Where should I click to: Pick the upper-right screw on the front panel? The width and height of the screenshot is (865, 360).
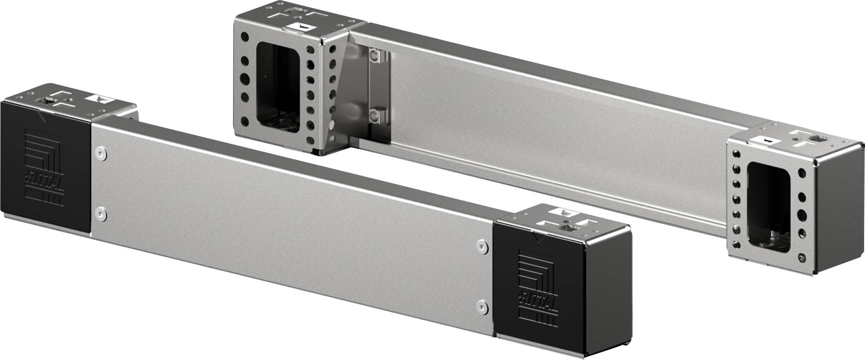(481, 246)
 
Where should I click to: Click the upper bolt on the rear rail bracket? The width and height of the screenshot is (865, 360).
(374, 56)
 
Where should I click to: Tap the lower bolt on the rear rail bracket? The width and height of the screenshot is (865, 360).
(374, 117)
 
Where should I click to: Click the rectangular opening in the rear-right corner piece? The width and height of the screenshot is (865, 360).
(768, 207)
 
